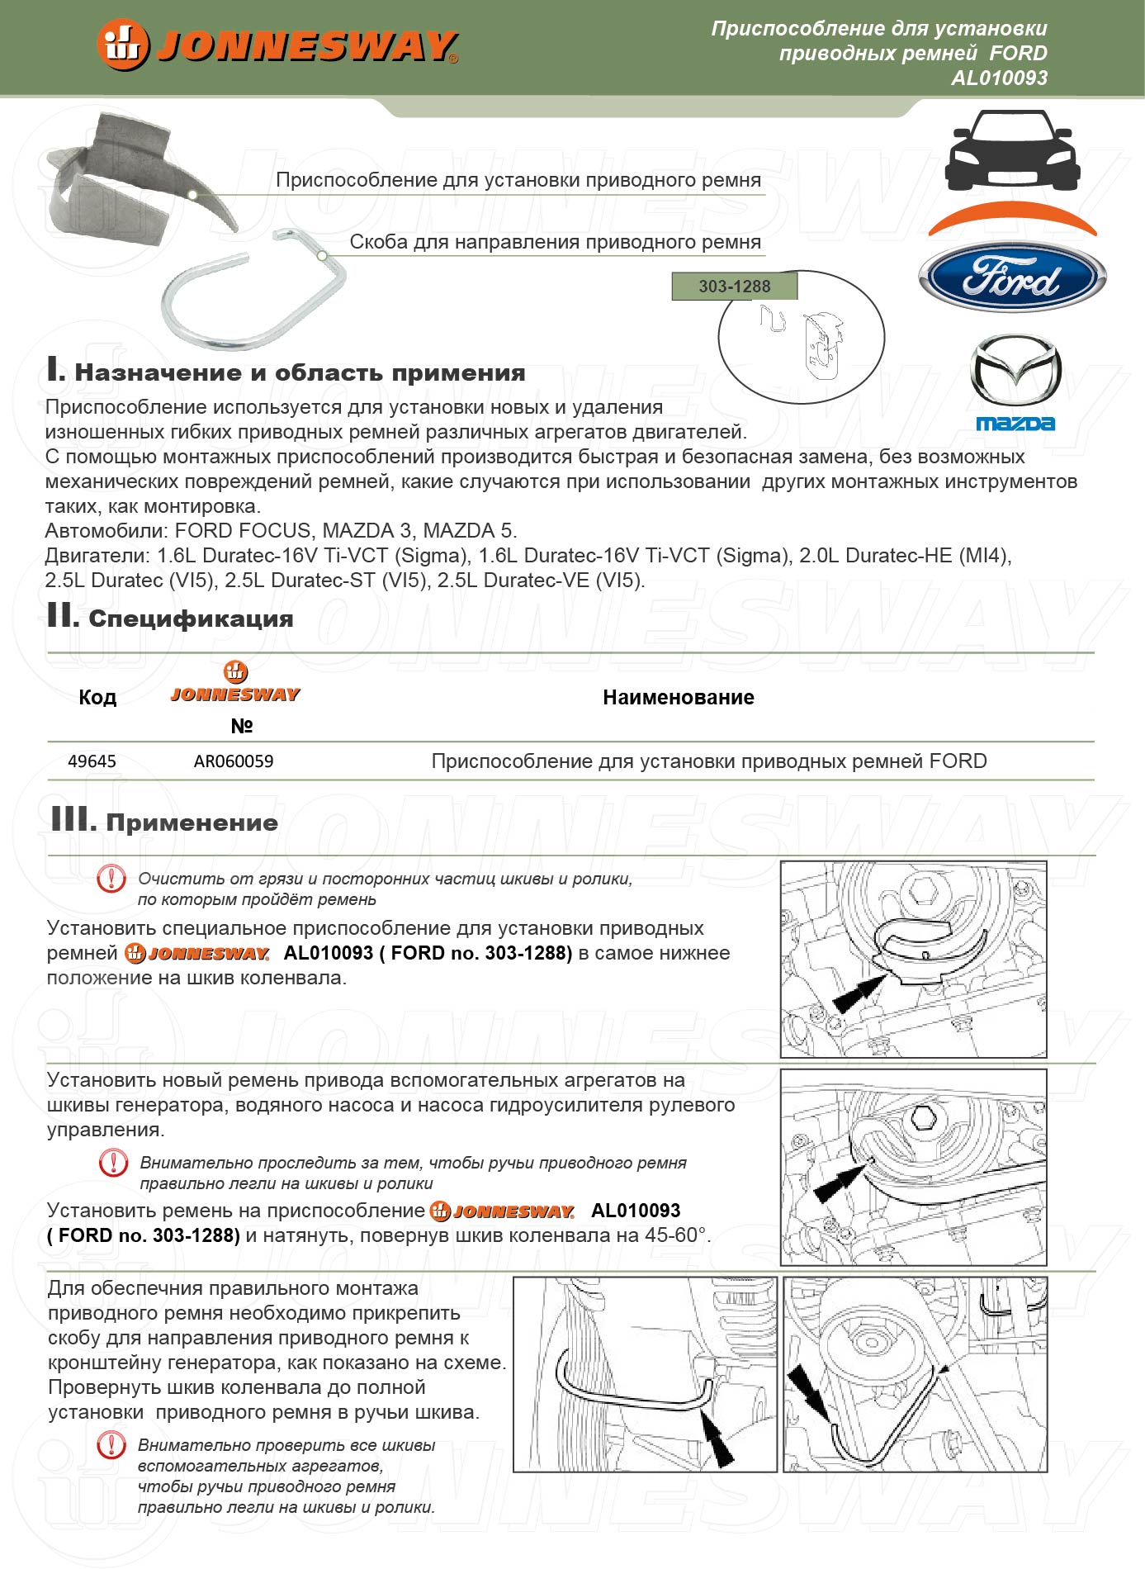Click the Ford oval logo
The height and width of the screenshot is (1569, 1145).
(x=1012, y=277)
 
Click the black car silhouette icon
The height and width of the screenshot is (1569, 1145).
(x=1012, y=151)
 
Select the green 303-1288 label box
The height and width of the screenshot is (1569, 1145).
(x=735, y=287)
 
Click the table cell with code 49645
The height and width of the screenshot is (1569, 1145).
(x=92, y=761)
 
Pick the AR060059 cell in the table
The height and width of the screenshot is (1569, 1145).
(x=234, y=761)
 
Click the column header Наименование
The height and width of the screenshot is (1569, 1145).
(x=678, y=698)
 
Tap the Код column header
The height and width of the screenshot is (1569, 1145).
(x=97, y=698)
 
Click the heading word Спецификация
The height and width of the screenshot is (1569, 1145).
(x=191, y=619)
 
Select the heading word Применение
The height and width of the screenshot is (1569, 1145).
(x=192, y=822)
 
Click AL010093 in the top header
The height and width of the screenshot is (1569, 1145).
(x=999, y=78)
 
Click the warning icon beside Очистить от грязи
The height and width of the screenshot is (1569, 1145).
(x=111, y=878)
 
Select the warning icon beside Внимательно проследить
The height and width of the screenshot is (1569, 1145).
(x=113, y=1163)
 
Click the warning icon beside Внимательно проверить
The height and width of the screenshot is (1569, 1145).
(x=111, y=1445)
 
